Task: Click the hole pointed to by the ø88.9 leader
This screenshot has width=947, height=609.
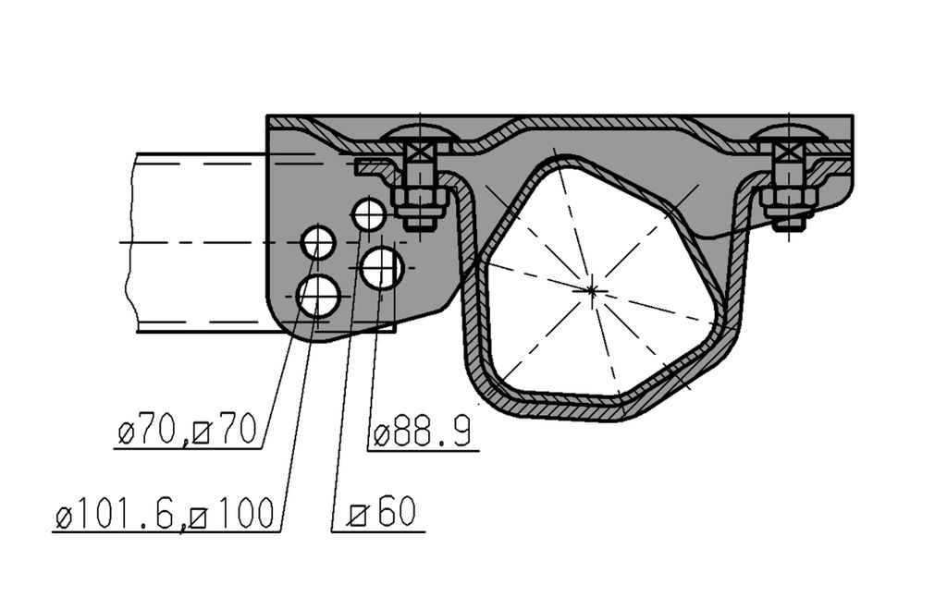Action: pos(382,267)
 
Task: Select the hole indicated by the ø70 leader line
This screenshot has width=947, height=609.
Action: pos(318,243)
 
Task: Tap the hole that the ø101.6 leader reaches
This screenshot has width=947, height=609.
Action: pos(319,297)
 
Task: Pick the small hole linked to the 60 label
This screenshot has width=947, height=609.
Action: pos(368,214)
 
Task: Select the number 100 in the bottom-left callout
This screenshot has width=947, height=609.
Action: pos(241,514)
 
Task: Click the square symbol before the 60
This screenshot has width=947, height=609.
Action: pos(359,516)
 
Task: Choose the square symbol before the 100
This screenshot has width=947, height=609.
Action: pos(198,518)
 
